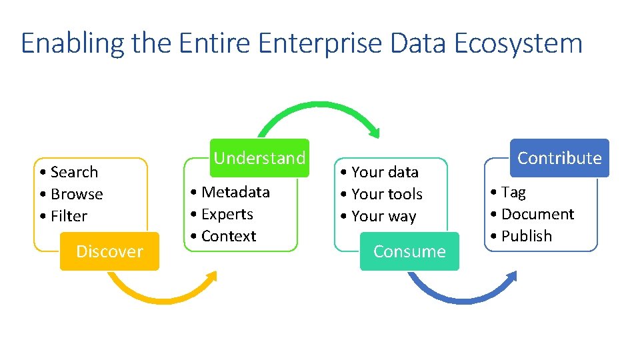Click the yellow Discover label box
109,251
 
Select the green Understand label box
259,158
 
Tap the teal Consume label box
409,251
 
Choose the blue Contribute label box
559,158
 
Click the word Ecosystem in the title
518,44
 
